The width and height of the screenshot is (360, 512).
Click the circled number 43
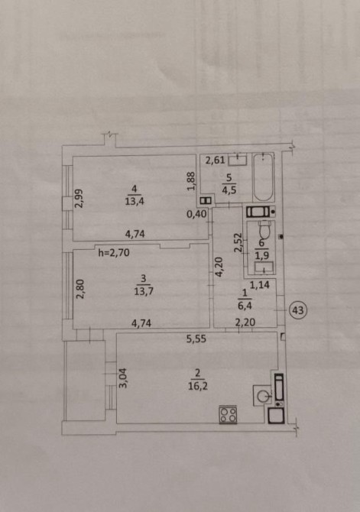point(297,310)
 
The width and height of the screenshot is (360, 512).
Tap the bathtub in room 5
point(263,177)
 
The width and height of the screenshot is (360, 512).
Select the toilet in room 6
point(264,231)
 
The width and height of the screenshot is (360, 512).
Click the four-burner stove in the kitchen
point(228,415)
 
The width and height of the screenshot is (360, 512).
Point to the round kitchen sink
point(262,396)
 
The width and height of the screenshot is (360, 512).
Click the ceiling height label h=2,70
point(114,252)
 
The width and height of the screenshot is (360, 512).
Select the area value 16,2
point(198,386)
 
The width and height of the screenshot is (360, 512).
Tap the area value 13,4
point(135,201)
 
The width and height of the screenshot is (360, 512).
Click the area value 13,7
point(144,291)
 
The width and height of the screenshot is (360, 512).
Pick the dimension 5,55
point(196,339)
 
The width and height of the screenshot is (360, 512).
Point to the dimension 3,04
point(123,378)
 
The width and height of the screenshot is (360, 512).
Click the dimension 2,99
point(79,199)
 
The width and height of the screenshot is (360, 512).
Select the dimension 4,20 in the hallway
point(219,267)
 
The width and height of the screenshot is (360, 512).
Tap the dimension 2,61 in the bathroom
point(216,160)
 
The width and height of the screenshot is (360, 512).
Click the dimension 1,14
point(260,285)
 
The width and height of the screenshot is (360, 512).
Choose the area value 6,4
point(245,306)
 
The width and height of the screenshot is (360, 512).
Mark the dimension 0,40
point(196,214)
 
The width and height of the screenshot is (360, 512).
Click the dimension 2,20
point(245,322)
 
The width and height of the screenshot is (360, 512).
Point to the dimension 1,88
point(191,181)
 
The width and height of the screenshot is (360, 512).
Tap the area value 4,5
point(229,190)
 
